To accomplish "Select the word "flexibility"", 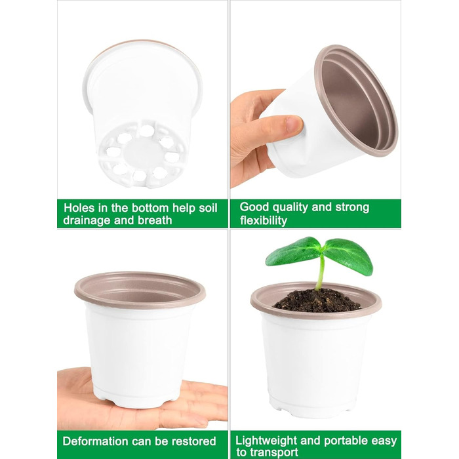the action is point(264,220).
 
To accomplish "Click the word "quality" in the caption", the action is point(290,207).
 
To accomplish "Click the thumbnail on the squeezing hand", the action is point(294,124).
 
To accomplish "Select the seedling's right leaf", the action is point(348,255).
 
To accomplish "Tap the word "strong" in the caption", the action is point(352,207).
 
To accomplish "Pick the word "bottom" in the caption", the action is point(150,208).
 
